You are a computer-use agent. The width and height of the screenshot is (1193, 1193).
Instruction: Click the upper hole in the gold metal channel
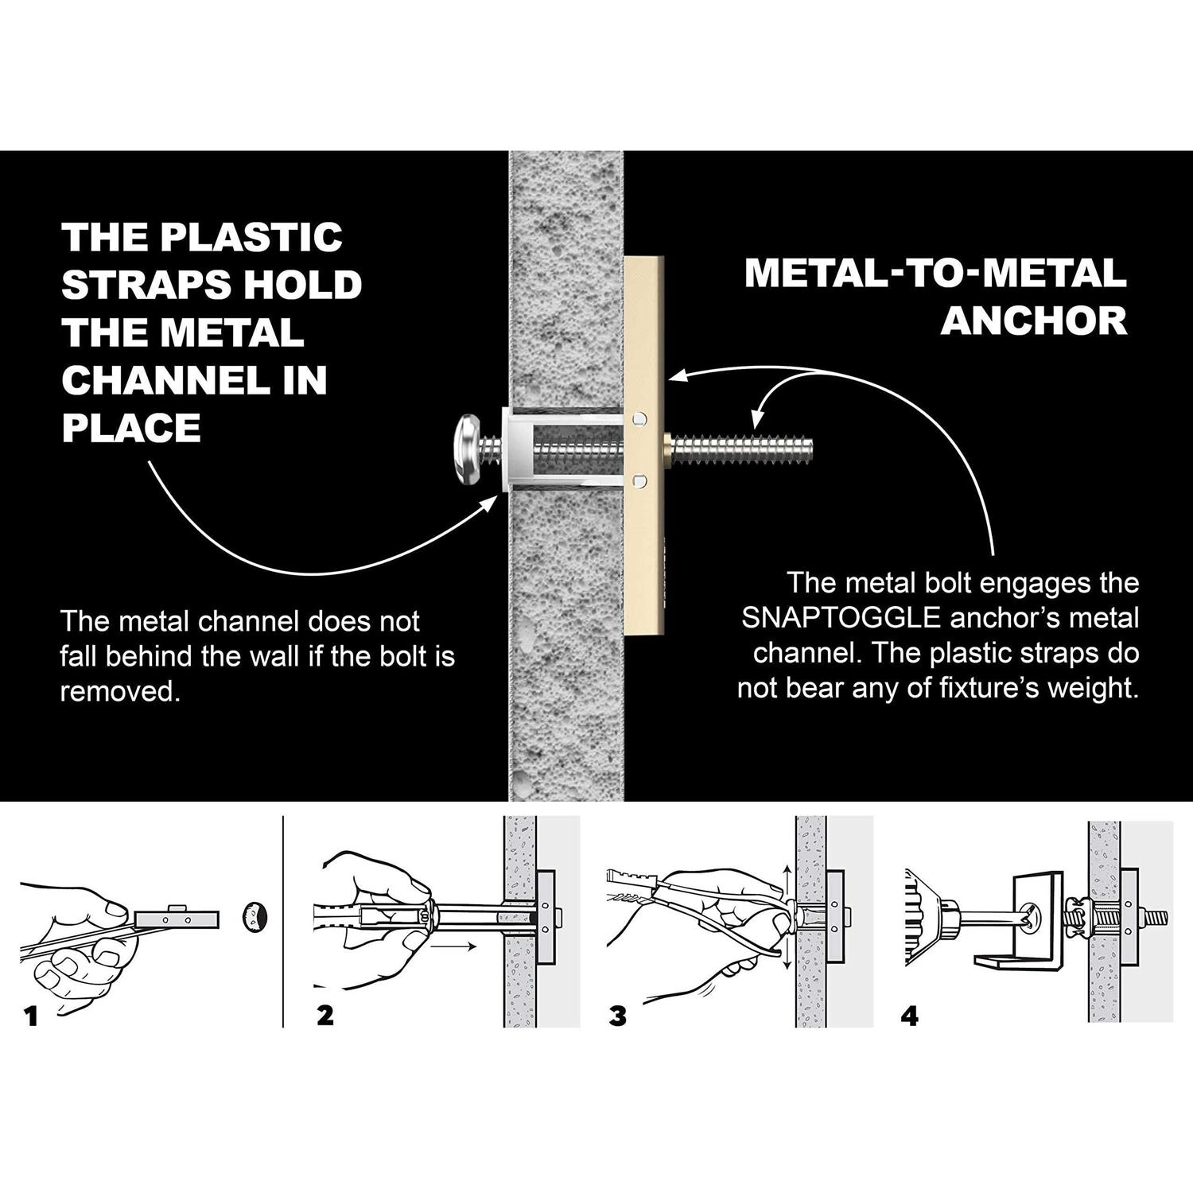(639, 418)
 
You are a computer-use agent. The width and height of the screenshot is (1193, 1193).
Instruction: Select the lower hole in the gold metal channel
(639, 480)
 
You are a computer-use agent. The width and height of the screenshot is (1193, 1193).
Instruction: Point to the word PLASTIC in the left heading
(250, 237)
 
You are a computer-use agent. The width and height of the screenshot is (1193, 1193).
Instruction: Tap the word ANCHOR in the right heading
(1033, 321)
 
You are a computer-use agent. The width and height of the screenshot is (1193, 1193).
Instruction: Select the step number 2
(325, 1016)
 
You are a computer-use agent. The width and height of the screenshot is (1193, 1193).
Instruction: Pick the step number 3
(618, 1016)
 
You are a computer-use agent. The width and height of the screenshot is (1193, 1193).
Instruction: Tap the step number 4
(911, 1016)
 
